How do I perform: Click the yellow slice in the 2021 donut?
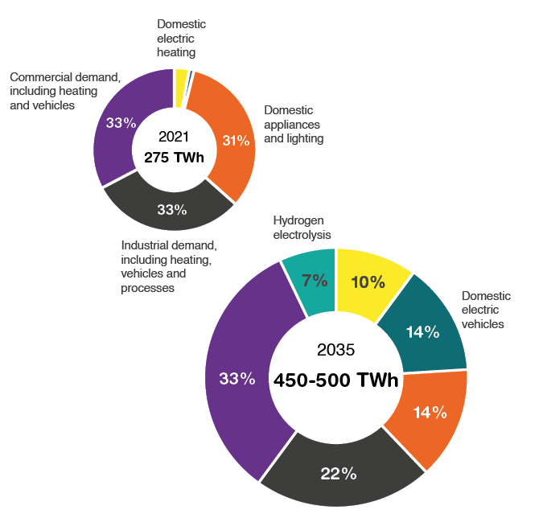pyautogui.click(x=181, y=78)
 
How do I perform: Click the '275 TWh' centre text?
pyautogui.click(x=174, y=158)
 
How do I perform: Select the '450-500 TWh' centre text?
pyautogui.click(x=335, y=380)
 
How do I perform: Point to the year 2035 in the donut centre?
pyautogui.click(x=335, y=350)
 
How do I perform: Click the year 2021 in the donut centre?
pyautogui.click(x=174, y=137)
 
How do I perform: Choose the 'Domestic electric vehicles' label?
pyautogui.click(x=487, y=310)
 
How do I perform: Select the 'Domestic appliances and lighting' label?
pyautogui.click(x=293, y=124)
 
